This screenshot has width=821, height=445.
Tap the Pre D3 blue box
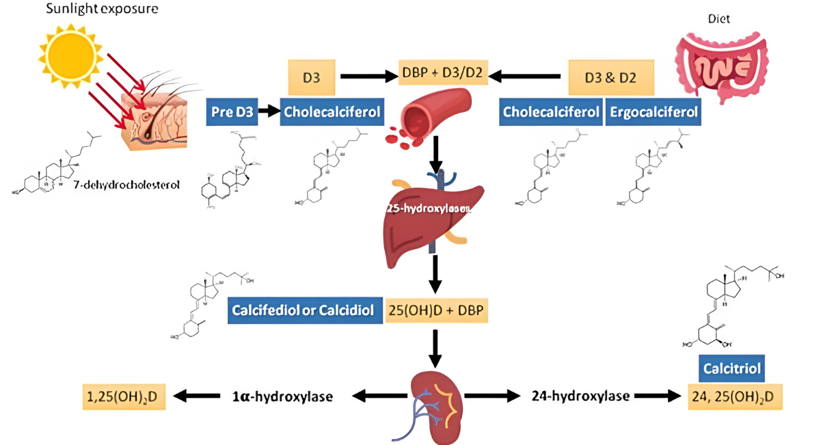pos(232,111)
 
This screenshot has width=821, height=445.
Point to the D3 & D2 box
pos(610,77)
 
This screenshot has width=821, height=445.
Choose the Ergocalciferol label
pos(654,111)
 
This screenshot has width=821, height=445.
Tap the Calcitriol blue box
pos(731,369)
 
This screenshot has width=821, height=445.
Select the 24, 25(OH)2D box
pos(735,396)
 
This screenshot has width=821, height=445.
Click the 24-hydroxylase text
pos(580,396)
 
